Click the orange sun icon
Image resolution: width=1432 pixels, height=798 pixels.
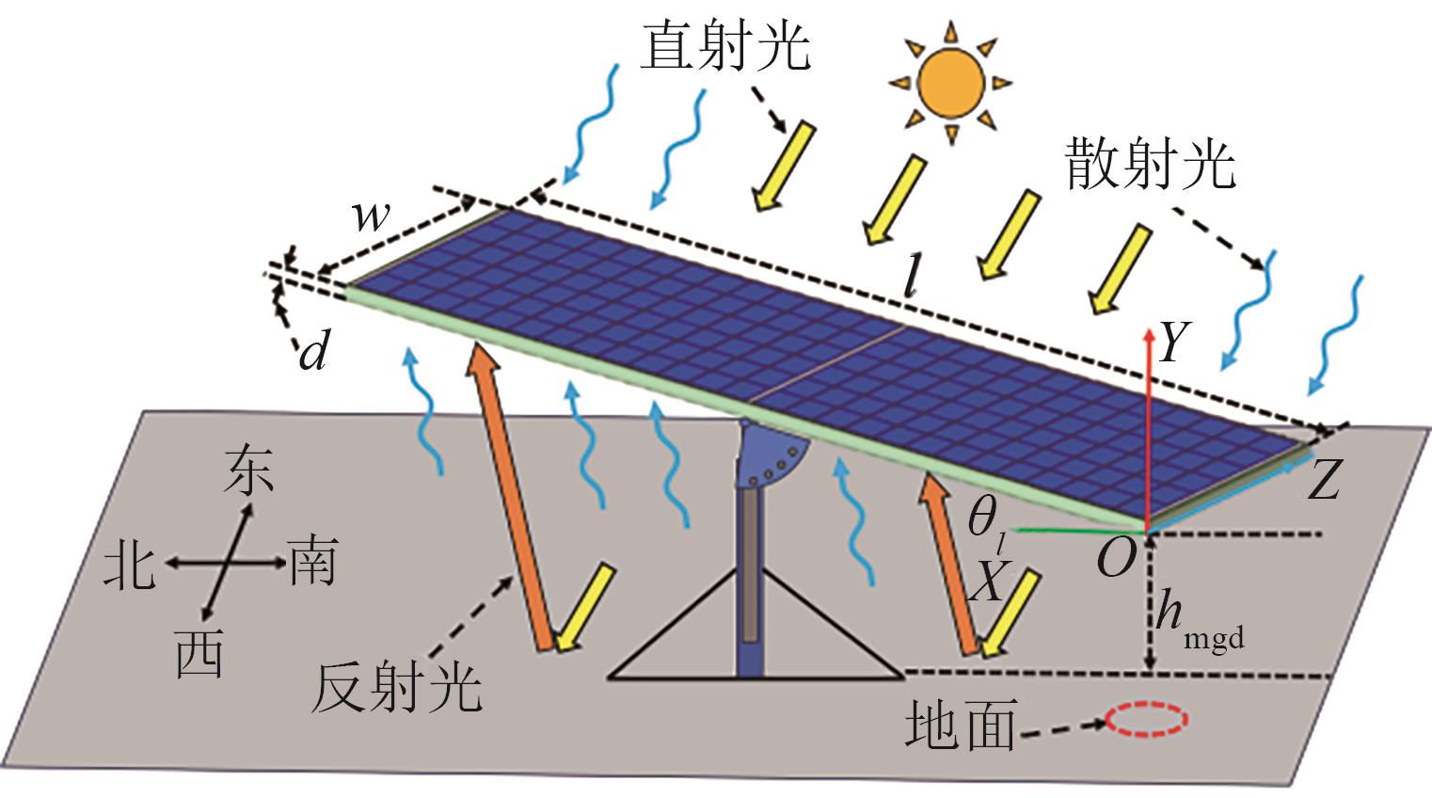coord(951,82)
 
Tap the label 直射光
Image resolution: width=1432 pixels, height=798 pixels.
coord(724,47)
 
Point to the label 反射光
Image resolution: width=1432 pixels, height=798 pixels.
coord(396,688)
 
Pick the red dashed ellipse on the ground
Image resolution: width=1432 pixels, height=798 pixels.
coord(1146,720)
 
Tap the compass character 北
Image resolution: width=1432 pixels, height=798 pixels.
coord(130,565)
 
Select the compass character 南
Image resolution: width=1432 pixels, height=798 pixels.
coord(312,562)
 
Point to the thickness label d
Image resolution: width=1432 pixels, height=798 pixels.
coord(313,352)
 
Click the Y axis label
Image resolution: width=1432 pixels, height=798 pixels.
coord(1174,342)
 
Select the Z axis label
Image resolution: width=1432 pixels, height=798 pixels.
coord(1324,482)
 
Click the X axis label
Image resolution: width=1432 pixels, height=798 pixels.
coord(987,582)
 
